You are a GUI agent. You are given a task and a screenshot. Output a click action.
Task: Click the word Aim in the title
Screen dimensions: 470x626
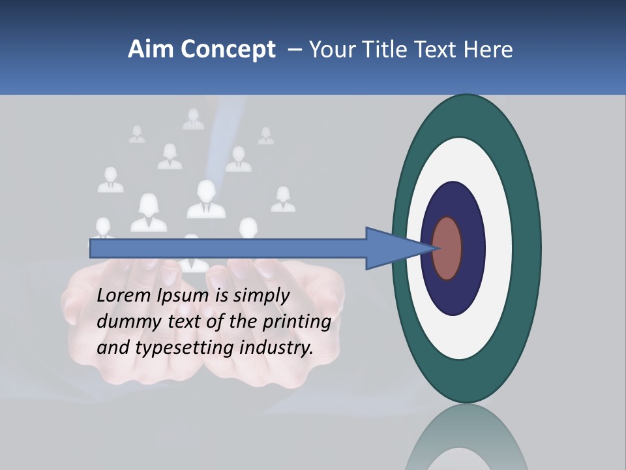(x=150, y=50)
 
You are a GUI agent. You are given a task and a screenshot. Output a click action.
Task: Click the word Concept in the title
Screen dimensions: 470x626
(x=228, y=50)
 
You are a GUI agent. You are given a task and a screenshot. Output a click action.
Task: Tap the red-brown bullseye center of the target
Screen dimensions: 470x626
(x=448, y=249)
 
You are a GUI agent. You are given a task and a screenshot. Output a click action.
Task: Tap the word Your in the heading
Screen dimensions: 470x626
(x=333, y=50)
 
